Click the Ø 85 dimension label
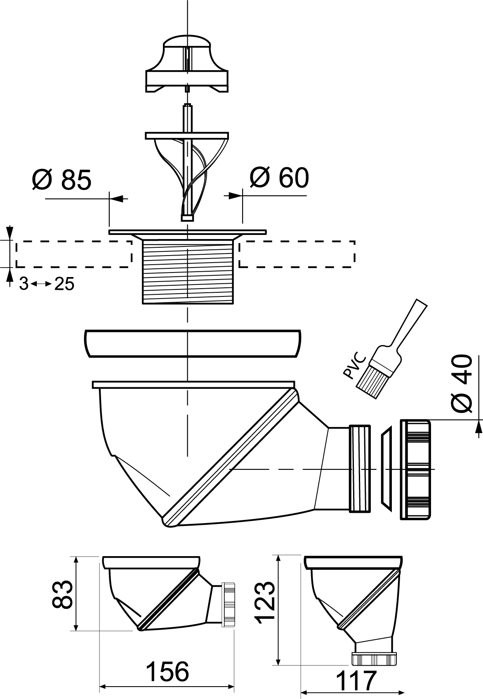point(62,180)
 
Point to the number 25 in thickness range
point(64,284)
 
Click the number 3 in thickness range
point(24,284)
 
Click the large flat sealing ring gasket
point(193,343)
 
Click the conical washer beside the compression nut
point(386,468)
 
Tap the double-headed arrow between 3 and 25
point(41,284)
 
